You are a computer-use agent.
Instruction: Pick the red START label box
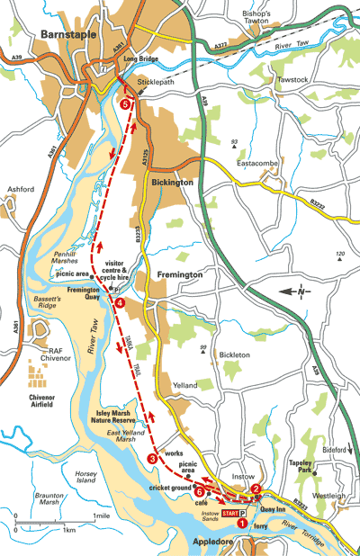[x=230, y=514]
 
